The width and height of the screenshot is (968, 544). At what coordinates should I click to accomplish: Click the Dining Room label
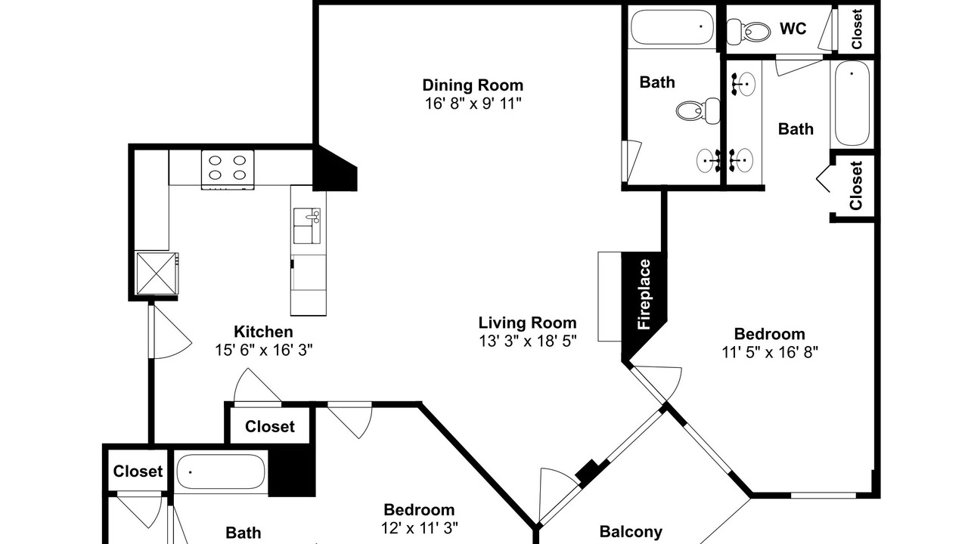tap(473, 85)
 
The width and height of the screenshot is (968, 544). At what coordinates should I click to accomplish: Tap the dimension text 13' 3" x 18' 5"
tap(528, 341)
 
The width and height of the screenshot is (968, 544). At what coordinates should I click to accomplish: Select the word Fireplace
tap(644, 295)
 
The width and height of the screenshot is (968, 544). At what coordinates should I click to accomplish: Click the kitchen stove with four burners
tap(228, 170)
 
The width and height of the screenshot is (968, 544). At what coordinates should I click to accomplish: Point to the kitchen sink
tap(307, 226)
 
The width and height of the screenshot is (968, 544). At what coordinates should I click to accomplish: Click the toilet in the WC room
tap(749, 32)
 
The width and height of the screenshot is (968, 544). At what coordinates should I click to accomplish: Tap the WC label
tap(793, 29)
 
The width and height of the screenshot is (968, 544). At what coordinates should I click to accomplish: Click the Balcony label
tap(631, 531)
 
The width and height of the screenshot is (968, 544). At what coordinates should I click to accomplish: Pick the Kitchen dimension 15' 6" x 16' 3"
tap(264, 350)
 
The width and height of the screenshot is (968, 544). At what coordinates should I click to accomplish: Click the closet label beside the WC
tap(857, 29)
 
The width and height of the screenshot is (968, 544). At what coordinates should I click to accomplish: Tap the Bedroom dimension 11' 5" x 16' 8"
tap(770, 352)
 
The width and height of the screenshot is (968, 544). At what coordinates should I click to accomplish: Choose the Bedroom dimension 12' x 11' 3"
tap(419, 527)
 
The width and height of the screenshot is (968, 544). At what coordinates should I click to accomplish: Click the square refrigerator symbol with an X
tap(157, 274)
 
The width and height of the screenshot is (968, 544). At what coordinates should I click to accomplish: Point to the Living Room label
tap(527, 323)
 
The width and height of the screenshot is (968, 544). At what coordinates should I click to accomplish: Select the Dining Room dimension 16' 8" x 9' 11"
tap(473, 104)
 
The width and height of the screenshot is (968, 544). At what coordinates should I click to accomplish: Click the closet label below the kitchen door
tap(270, 427)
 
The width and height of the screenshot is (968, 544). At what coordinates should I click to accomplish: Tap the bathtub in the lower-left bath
tap(221, 472)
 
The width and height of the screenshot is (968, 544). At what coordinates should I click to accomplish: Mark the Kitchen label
tap(263, 332)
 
